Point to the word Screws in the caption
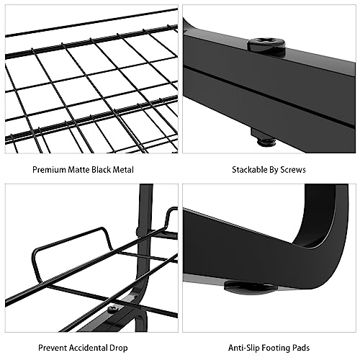[x=293, y=170]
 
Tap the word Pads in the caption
[x=301, y=348]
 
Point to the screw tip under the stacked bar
[x=266, y=143]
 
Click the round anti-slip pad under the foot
[x=250, y=287]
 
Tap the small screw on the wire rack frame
[x=112, y=309]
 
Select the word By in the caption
[x=274, y=170]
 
